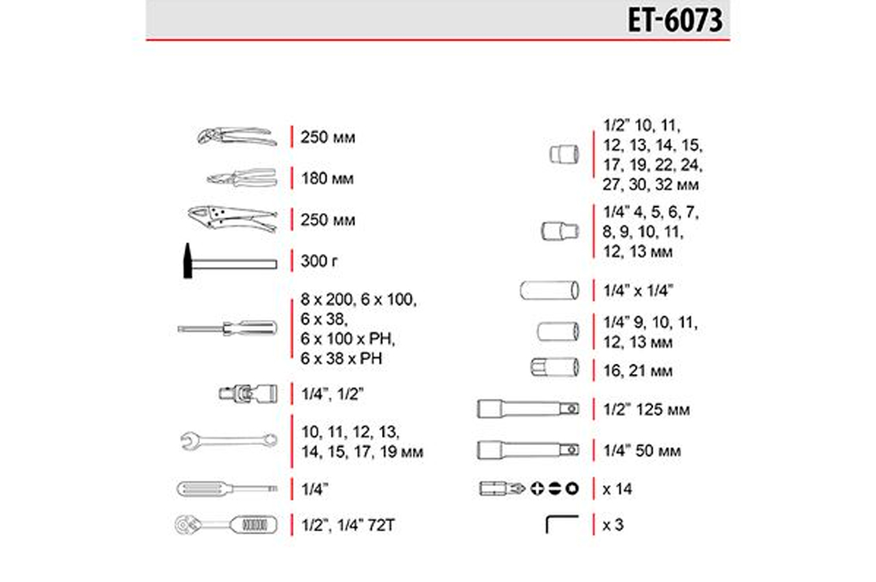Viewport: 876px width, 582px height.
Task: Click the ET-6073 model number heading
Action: pyautogui.click(x=675, y=21)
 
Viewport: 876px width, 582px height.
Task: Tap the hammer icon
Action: pyautogui.click(x=230, y=262)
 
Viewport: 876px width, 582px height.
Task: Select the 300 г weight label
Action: pyautogui.click(x=319, y=262)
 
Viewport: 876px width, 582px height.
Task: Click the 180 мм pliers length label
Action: pyautogui.click(x=327, y=179)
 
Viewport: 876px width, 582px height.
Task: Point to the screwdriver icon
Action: pyautogui.click(x=227, y=328)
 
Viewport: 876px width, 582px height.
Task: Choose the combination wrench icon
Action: pyautogui.click(x=229, y=441)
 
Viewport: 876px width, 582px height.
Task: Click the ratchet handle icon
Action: pyautogui.click(x=226, y=524)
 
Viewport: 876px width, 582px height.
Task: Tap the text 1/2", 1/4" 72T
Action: pyautogui.click(x=348, y=525)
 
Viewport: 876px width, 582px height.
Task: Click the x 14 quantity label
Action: pyautogui.click(x=617, y=489)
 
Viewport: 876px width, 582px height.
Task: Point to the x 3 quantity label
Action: pyautogui.click(x=613, y=525)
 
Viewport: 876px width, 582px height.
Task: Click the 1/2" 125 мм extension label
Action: pyautogui.click(x=647, y=410)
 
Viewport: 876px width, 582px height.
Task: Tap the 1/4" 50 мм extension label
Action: pyautogui.click(x=642, y=451)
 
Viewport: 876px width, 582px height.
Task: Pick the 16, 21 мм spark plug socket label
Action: pyautogui.click(x=638, y=371)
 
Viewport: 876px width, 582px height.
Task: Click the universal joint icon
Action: pyautogui.click(x=248, y=394)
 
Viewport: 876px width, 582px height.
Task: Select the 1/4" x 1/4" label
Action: pyautogui.click(x=638, y=290)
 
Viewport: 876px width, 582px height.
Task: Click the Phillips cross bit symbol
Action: pyautogui.click(x=537, y=488)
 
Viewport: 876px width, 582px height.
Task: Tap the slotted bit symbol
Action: pyautogui.click(x=554, y=488)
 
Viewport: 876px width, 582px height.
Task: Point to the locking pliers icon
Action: pyautogui.click(x=232, y=219)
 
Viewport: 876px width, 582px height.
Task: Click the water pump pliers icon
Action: pyautogui.click(x=237, y=136)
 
